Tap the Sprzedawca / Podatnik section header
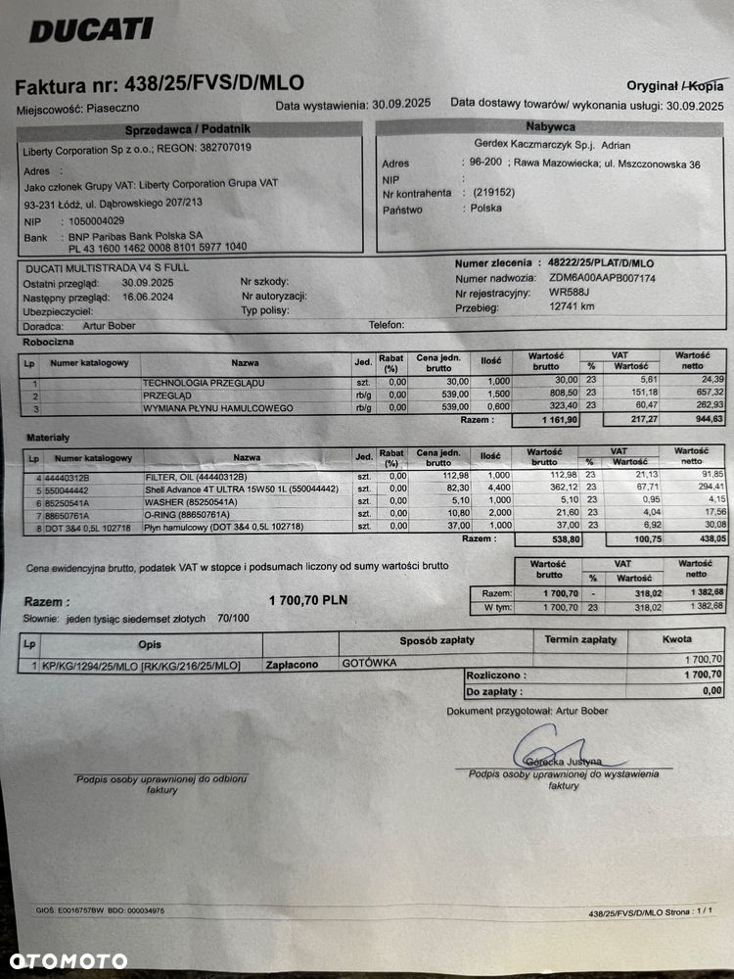(x=188, y=129)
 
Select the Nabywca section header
(x=550, y=126)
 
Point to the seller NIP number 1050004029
(x=98, y=221)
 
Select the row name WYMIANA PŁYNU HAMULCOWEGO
(x=217, y=407)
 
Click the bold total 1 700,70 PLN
(x=307, y=600)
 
